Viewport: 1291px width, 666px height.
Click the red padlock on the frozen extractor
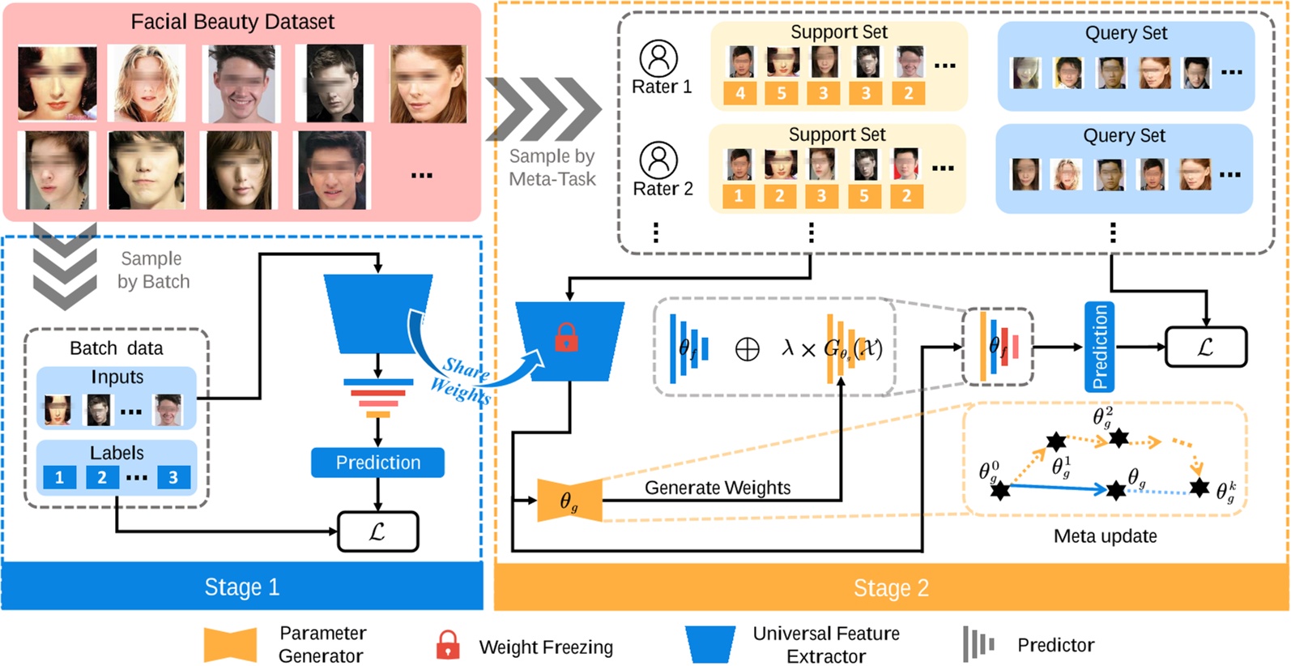pos(566,337)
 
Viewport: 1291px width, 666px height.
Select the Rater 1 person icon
pos(658,58)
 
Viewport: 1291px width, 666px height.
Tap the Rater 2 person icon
pos(658,160)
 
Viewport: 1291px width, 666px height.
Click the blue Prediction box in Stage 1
pos(377,463)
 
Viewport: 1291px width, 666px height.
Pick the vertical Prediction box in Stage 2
pos(1099,347)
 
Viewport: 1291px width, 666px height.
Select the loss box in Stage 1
pos(377,532)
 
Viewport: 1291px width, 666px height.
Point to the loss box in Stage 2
pos(1205,347)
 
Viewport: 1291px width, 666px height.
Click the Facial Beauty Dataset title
pos(232,22)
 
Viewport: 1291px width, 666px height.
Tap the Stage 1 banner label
pos(241,587)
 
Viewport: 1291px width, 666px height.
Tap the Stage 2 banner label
pos(891,587)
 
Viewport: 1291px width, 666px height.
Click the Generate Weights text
pos(718,488)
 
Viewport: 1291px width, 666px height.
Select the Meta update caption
pos(1105,536)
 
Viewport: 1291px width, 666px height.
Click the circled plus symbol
pos(747,349)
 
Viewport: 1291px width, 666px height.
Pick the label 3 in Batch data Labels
pos(173,477)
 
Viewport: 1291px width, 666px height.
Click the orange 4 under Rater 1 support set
pos(739,93)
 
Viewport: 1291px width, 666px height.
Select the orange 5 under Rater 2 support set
pos(864,195)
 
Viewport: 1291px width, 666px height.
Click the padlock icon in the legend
pos(448,646)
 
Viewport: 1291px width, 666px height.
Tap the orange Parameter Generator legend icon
pos(230,645)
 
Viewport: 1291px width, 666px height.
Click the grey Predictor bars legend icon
pos(978,645)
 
